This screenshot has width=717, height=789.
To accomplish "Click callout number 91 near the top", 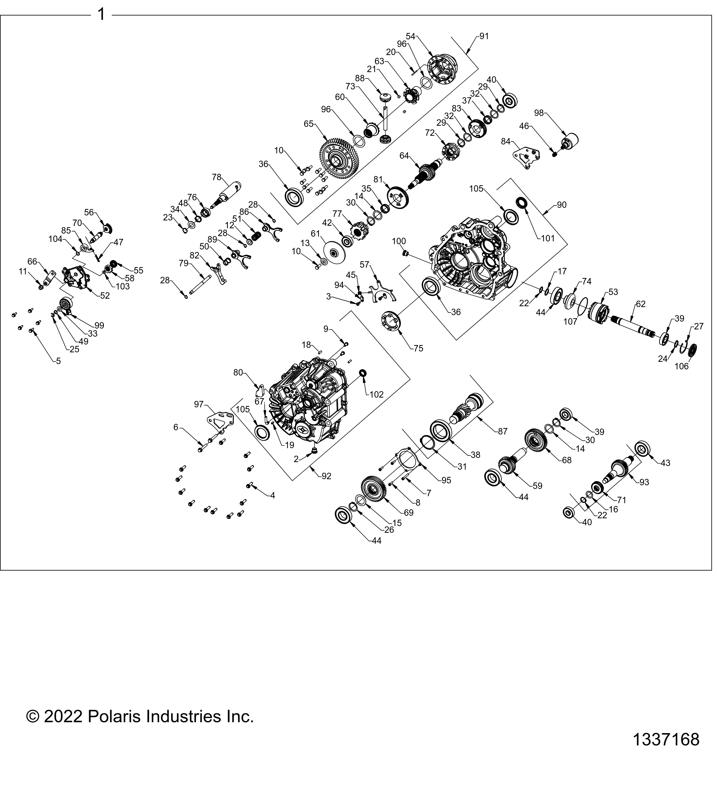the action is tap(484, 36).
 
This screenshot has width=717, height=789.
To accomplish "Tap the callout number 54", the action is tap(410, 36).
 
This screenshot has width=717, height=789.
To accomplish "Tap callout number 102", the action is tap(377, 394).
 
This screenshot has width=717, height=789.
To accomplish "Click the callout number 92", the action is tap(326, 476).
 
